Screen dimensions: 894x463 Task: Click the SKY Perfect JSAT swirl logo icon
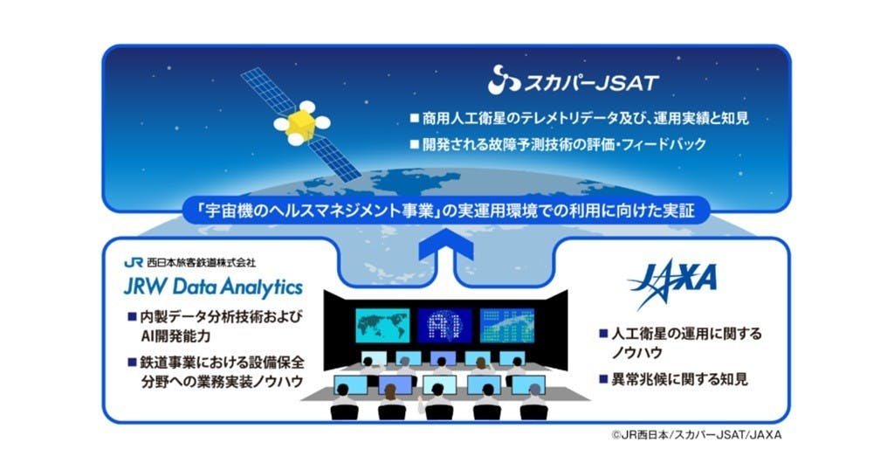point(504,79)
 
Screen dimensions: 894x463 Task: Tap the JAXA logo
point(672,281)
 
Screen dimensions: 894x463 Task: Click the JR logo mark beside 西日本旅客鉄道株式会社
point(133,262)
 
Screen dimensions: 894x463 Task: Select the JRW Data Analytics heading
point(213,287)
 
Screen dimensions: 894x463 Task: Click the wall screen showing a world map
point(382,325)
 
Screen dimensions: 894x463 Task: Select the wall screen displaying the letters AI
point(444,325)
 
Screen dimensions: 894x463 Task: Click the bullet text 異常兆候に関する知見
point(679,378)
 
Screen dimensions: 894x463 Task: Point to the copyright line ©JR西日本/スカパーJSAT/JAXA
point(696,435)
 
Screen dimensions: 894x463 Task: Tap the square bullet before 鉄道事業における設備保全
point(132,362)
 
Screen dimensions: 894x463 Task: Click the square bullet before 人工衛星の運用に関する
point(603,333)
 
